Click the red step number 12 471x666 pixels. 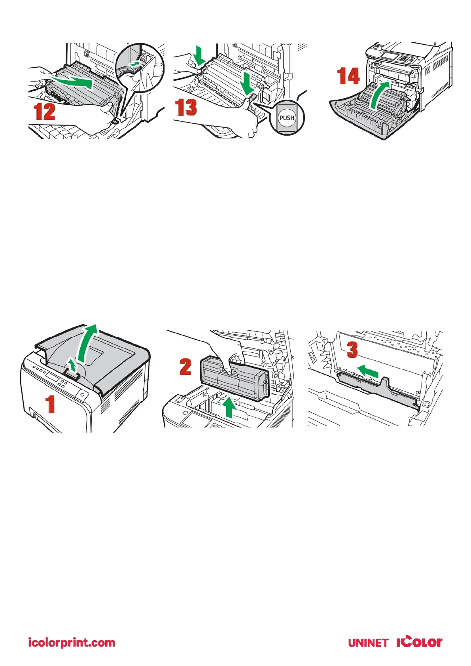[x=45, y=112]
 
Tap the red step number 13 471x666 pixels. [x=186, y=107]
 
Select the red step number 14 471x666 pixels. [x=348, y=76]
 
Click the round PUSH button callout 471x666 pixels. [x=287, y=118]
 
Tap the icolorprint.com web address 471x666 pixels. [x=71, y=642]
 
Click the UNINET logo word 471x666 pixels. [x=368, y=643]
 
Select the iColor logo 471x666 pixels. [x=419, y=642]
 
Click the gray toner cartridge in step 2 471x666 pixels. [x=235, y=378]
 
